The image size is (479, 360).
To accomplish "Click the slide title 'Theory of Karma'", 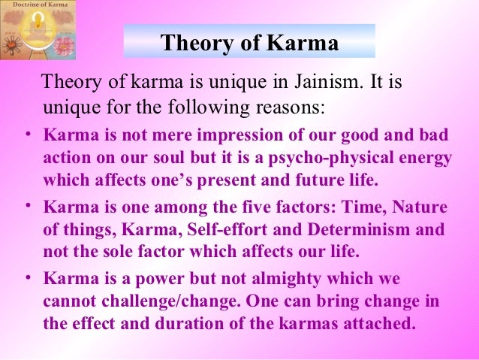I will tap(249, 42).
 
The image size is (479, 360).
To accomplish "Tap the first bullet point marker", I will tap(25, 136).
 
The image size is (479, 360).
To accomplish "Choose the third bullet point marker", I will tap(25, 277).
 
